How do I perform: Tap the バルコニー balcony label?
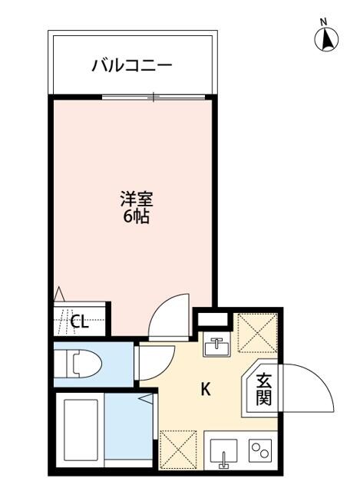(132, 64)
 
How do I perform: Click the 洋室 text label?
(136, 200)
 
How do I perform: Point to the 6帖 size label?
(136, 216)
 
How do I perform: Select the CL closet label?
(79, 321)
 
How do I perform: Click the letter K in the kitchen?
(206, 389)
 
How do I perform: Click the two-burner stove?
(260, 451)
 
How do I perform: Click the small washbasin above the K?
(216, 347)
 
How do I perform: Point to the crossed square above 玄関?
(259, 332)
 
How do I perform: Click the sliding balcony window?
(154, 97)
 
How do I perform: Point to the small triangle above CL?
(60, 293)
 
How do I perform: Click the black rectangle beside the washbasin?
(214, 318)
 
